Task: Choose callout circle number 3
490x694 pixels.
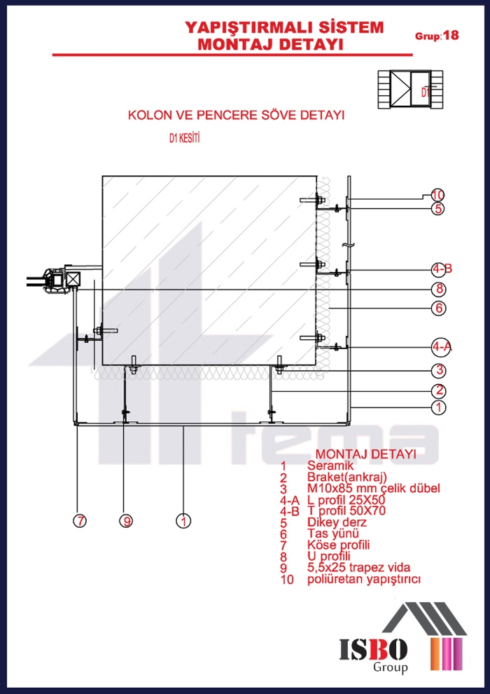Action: point(439,370)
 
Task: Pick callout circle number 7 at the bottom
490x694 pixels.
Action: point(81,521)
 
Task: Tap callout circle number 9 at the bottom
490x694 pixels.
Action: point(126,521)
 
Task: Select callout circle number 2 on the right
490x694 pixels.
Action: point(439,390)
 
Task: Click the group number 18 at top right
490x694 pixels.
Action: point(451,35)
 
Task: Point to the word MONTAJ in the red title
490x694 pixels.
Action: point(230,44)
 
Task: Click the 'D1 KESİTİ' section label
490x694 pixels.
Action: point(185,139)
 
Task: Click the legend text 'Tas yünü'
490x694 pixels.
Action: point(329,533)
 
